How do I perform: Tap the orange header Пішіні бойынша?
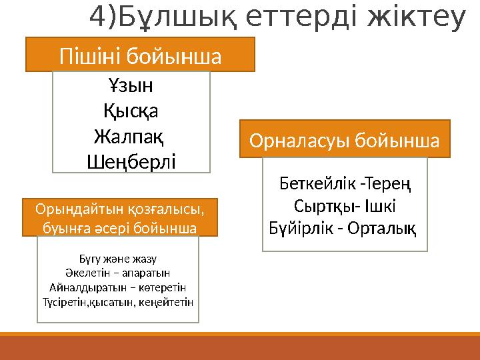(x=140, y=55)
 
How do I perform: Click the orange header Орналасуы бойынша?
(x=345, y=140)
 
